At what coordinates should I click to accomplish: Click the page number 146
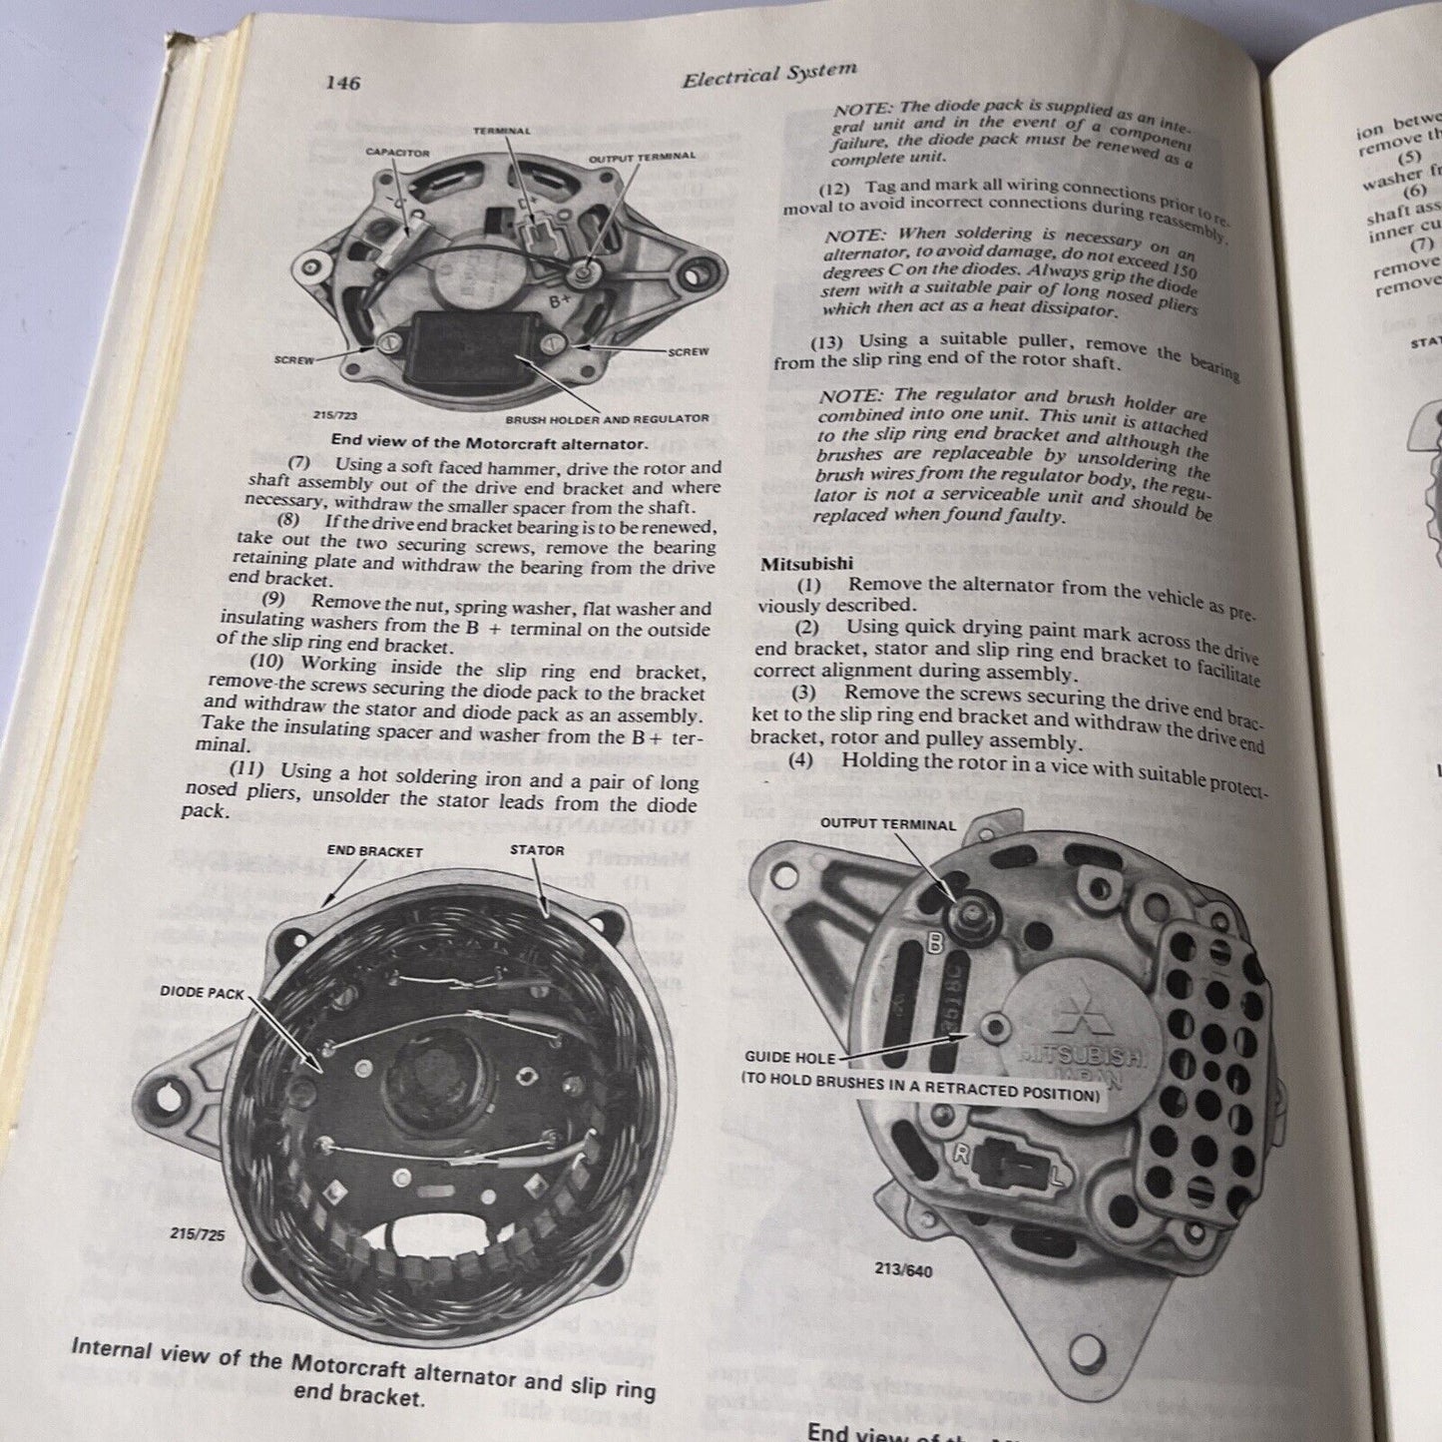pos(341,83)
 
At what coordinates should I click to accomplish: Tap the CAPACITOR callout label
pos(397,152)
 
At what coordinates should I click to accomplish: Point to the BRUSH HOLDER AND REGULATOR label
pos(607,418)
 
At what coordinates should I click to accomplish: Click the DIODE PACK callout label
pos(201,993)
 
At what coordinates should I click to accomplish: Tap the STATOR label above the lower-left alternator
pos(537,850)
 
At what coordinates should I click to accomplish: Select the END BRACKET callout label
pos(375,851)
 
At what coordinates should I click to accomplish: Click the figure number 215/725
pos(198,1233)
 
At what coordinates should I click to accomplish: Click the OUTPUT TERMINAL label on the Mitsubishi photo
pos(887,824)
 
